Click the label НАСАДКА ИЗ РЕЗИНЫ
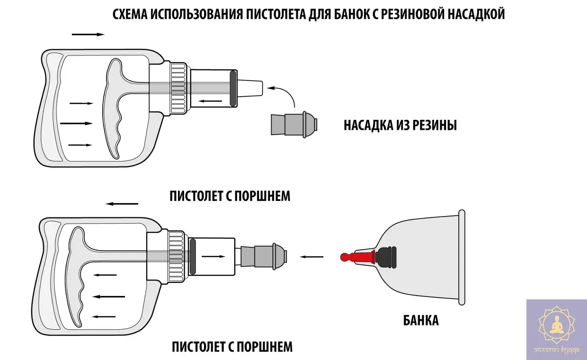(400, 126)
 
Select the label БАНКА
(421, 320)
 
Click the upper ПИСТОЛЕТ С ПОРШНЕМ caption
(230, 196)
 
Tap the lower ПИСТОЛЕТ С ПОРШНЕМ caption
(232, 347)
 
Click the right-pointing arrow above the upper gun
(88, 35)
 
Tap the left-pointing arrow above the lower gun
(122, 204)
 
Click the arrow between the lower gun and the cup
(312, 257)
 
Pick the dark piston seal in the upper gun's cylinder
(233, 88)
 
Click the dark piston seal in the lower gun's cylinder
(193, 257)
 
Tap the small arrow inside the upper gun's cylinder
(210, 100)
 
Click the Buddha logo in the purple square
(556, 327)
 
